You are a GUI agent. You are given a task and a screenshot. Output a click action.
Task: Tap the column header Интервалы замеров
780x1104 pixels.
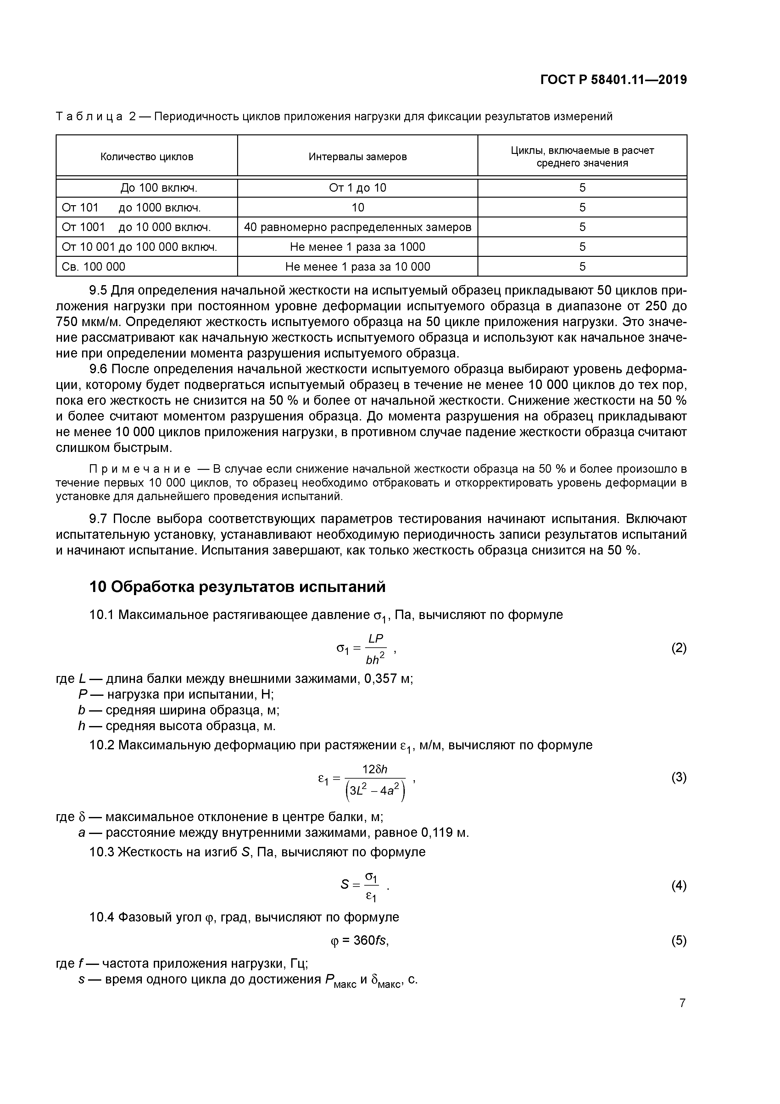(358, 157)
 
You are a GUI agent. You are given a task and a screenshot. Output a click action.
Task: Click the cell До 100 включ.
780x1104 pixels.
(159, 188)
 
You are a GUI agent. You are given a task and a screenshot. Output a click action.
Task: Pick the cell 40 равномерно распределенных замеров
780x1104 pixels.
(358, 227)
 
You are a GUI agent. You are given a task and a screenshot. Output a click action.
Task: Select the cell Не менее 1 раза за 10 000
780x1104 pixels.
(358, 266)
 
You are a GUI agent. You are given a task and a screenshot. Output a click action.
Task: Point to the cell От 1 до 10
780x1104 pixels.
(358, 188)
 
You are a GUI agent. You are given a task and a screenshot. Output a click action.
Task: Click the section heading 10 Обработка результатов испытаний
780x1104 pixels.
(237, 587)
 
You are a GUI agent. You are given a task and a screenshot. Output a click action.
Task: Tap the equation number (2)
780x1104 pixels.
(678, 648)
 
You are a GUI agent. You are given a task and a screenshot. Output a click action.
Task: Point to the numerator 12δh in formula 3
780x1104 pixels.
(375, 769)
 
